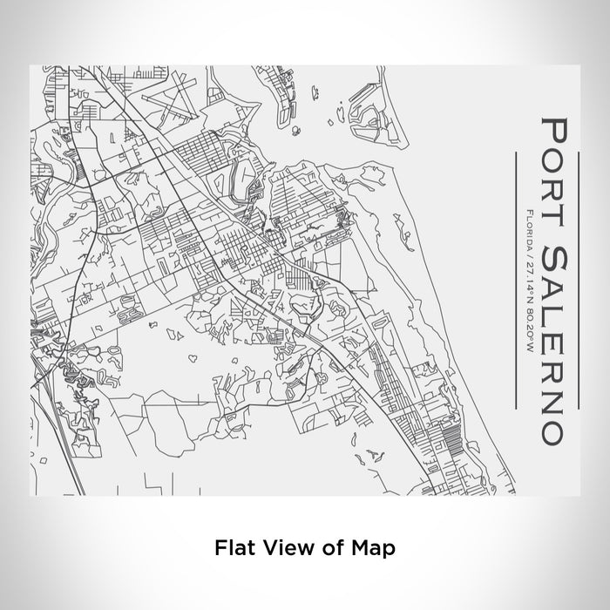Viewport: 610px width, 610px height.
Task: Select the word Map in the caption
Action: [375, 548]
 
